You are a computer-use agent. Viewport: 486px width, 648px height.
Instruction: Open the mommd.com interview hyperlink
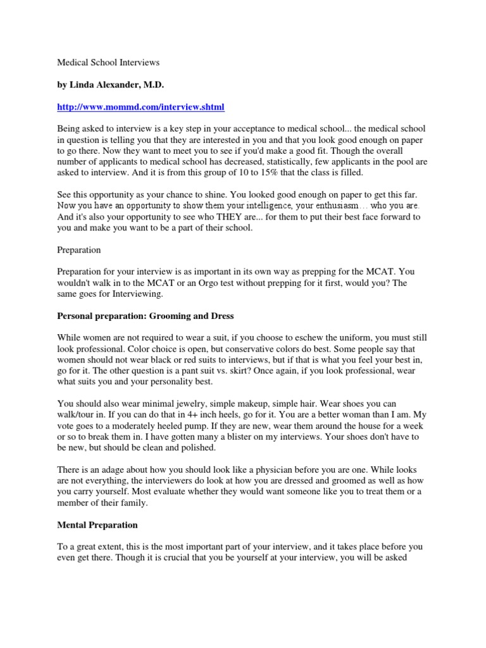pos(140,106)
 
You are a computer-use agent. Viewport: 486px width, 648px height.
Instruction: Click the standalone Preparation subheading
pos(79,250)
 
